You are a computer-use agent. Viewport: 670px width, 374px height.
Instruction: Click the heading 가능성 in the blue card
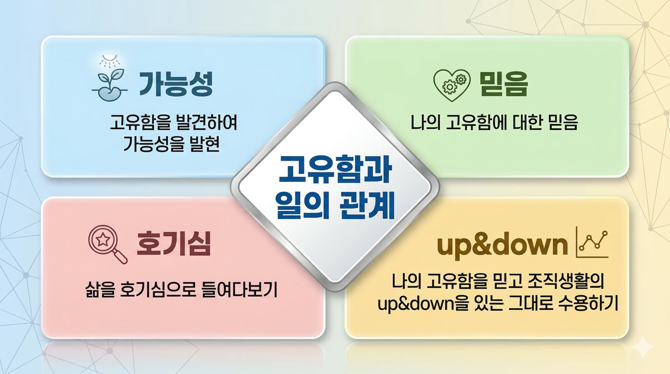(176, 84)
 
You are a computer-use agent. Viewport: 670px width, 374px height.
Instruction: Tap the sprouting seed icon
(110, 84)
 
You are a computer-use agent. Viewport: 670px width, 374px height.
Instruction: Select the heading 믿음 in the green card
(503, 84)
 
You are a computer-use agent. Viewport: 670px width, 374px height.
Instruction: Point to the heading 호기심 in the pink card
(174, 243)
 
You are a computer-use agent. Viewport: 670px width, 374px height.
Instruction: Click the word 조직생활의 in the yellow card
(567, 282)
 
